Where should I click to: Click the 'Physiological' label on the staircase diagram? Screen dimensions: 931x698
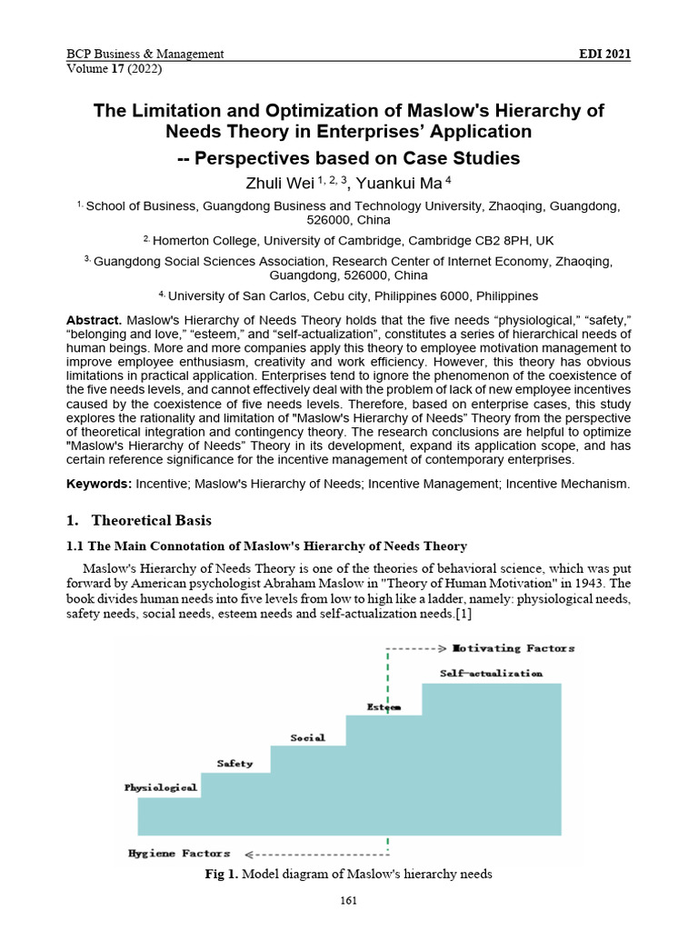161,787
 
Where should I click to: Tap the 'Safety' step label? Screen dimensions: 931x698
234,763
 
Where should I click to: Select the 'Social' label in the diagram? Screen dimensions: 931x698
307,737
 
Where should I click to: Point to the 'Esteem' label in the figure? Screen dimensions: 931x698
384,706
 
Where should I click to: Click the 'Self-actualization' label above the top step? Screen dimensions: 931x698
491,674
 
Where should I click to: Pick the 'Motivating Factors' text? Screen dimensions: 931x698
514,648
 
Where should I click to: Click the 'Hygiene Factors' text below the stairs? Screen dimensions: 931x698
179,854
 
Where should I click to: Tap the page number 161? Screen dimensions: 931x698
348,901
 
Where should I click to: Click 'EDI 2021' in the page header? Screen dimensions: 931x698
604,54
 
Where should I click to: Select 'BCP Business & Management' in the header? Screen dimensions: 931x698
145,54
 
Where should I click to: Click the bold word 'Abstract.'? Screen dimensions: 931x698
95,321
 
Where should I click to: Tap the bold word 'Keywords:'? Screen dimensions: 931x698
99,484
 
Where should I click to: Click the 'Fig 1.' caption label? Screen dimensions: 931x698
223,875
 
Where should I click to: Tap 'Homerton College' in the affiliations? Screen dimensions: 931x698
203,241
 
